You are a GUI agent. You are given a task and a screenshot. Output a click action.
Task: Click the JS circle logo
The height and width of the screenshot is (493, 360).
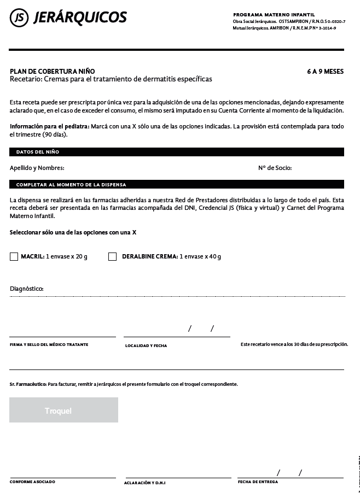[x=19, y=18]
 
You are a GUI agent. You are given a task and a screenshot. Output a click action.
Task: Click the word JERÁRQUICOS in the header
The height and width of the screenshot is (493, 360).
[x=80, y=18]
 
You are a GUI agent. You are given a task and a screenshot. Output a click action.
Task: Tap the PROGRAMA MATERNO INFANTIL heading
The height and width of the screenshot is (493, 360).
[x=274, y=15]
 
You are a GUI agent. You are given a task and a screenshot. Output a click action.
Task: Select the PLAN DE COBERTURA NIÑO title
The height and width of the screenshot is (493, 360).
[x=53, y=72]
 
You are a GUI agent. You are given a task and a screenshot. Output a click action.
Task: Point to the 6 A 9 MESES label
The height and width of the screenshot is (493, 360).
[x=325, y=72]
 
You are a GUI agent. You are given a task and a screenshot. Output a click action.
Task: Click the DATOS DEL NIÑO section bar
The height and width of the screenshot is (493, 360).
[x=177, y=152]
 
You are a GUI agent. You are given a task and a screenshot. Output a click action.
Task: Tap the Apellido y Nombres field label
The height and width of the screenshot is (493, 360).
[x=37, y=168]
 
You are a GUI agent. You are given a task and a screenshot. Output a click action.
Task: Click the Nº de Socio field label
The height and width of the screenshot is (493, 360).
[x=275, y=168]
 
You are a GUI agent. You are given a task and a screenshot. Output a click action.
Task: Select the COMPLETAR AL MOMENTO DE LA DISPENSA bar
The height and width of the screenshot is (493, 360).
[x=177, y=185]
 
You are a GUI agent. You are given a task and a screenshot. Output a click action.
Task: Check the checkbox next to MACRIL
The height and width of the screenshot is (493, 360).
[x=14, y=257]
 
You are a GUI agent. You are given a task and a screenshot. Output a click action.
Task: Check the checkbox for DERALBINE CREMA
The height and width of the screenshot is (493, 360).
[x=113, y=257]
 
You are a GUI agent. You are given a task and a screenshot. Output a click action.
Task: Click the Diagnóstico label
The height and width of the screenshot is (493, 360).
[x=27, y=289]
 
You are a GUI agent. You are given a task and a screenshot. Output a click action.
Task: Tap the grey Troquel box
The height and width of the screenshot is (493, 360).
[x=63, y=410]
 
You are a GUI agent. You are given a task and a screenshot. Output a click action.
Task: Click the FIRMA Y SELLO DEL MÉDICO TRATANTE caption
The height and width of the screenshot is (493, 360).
[x=49, y=345]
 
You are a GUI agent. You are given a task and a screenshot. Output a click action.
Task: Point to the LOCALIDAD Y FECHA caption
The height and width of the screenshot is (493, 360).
[x=146, y=345]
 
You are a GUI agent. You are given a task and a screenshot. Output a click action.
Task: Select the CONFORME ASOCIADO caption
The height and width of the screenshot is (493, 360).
[x=32, y=482]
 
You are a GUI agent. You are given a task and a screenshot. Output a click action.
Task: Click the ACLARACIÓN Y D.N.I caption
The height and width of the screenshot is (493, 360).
[x=145, y=483]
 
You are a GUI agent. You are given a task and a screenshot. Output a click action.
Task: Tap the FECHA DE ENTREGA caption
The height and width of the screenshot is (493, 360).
[x=258, y=482]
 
